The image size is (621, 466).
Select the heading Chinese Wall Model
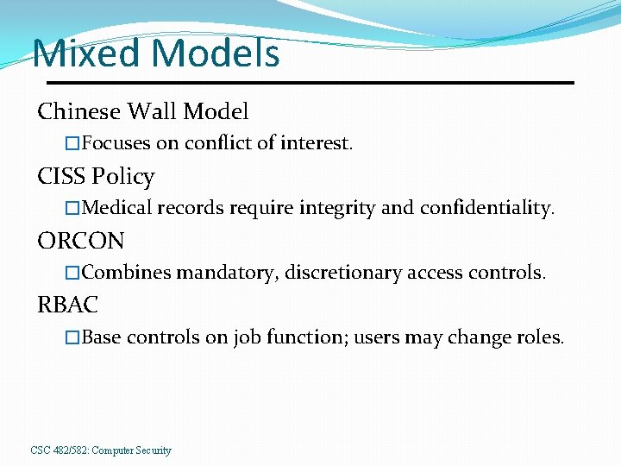coord(143,111)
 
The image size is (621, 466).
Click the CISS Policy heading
coord(96,177)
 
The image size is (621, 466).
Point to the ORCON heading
coord(81,241)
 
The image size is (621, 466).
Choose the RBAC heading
coord(68,305)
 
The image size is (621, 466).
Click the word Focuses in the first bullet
coord(116,143)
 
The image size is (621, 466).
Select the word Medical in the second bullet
coord(118,208)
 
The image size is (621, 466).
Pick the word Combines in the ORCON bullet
coord(127,273)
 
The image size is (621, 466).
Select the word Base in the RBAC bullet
coord(101,337)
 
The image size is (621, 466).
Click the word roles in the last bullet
coord(540,337)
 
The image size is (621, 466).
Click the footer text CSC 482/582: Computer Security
coord(101,450)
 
